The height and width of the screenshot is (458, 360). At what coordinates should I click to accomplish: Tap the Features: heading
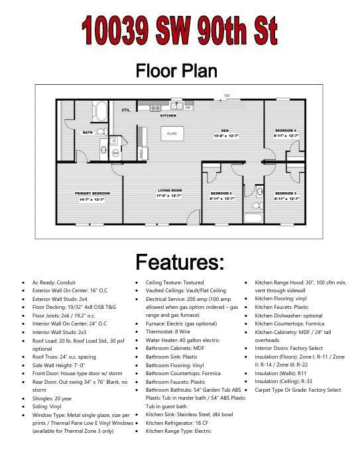pyautogui.click(x=179, y=261)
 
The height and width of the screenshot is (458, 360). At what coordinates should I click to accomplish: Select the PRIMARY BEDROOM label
pyautogui.click(x=91, y=193)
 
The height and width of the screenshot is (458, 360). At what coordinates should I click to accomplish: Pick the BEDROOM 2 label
pyautogui.click(x=221, y=193)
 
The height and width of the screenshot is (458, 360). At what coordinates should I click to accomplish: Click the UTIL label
pyautogui.click(x=125, y=110)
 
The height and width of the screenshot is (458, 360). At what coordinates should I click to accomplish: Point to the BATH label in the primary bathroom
pyautogui.click(x=88, y=133)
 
